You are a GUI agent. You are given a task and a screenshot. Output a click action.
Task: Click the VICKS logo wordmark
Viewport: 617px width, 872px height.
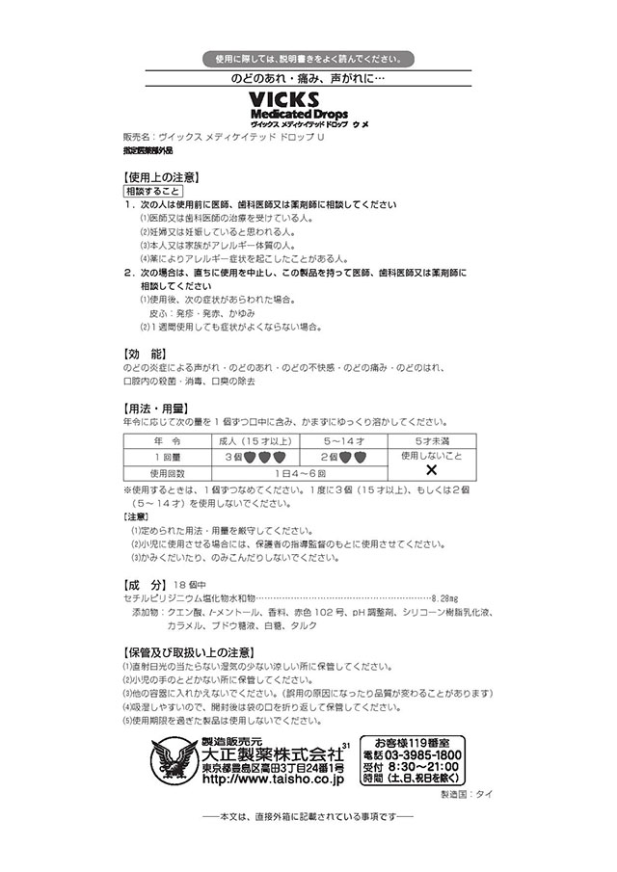pyautogui.click(x=306, y=100)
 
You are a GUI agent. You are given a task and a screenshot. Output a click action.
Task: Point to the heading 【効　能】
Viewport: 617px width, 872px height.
pyautogui.click(x=146, y=353)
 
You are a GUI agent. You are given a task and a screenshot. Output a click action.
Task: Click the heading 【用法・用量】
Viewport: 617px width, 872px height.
pyautogui.click(x=154, y=407)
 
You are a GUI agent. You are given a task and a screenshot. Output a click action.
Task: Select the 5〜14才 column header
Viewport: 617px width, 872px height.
pyautogui.click(x=340, y=439)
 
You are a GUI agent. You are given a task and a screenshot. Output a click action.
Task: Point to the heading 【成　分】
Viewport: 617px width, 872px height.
pyautogui.click(x=146, y=584)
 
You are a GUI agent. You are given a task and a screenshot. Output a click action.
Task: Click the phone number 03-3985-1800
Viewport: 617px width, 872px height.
pyautogui.click(x=430, y=754)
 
